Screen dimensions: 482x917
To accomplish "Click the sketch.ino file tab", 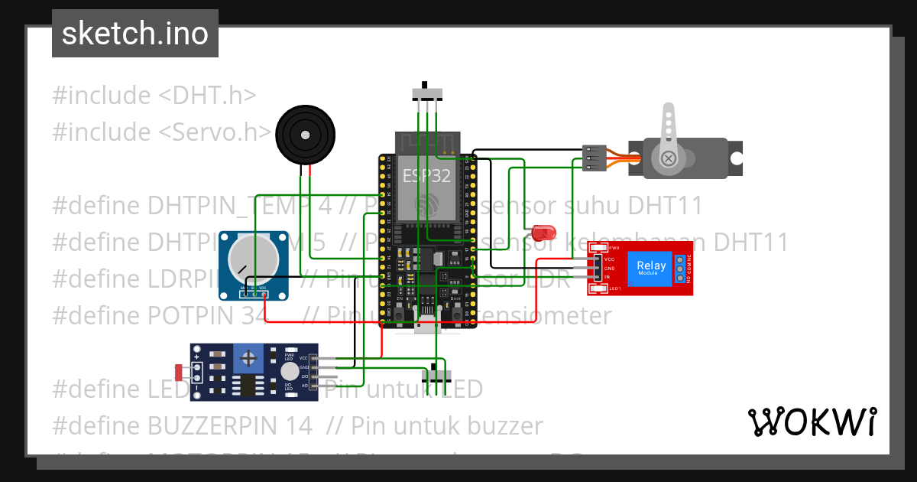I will point(134,34).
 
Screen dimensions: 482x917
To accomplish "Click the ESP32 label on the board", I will point(426,174).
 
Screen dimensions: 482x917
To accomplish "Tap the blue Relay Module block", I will point(651,269).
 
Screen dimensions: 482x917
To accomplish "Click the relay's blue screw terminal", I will point(679,268).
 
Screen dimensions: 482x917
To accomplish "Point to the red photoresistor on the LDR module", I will point(180,373).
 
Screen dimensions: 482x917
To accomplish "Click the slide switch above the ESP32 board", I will point(427,93).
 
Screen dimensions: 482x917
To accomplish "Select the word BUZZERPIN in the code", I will point(229,425).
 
